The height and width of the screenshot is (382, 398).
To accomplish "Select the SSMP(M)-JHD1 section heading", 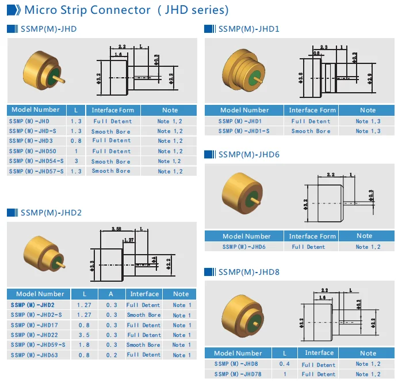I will click(248, 29).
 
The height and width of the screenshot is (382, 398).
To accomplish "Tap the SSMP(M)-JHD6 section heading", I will click(248, 154).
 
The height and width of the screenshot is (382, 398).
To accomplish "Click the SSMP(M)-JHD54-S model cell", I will click(37, 161).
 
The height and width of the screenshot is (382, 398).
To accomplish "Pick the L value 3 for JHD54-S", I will click(76, 161).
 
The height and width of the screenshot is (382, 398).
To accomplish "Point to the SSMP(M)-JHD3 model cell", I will click(31, 141).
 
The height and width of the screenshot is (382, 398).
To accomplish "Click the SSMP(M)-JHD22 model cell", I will click(34, 335).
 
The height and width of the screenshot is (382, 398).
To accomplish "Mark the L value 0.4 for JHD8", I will click(284, 364).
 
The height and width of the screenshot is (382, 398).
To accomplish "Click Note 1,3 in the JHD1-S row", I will click(368, 131).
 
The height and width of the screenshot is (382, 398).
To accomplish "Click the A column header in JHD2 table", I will click(112, 294).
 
